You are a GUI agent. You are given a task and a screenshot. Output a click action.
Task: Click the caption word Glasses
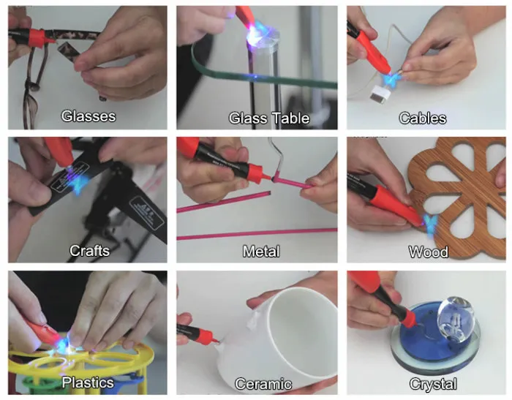89,116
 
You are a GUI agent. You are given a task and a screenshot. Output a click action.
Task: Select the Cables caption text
422,118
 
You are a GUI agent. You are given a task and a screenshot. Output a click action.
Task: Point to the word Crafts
89,251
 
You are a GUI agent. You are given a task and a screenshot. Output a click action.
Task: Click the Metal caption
261,252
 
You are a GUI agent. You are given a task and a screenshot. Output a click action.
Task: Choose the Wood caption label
428,253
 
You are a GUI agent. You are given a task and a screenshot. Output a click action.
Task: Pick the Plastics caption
88,382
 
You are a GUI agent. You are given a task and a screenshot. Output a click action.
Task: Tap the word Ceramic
263,384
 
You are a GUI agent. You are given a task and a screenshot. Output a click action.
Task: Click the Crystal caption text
433,384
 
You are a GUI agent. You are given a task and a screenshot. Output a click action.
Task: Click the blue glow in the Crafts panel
77,184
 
